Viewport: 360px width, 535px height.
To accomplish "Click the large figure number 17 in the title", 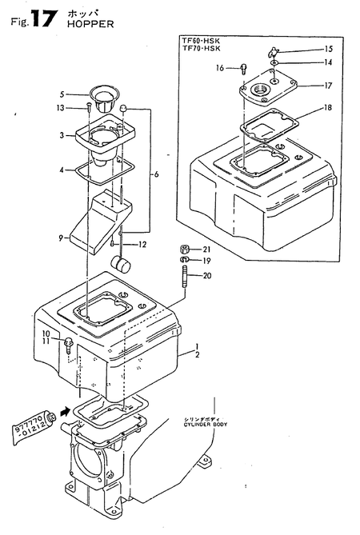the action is pos(42,18).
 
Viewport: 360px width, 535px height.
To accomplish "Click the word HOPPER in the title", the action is pos(90,24).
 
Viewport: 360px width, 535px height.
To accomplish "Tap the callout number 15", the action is pos(328,49).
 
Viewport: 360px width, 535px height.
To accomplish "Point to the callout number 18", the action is pos(327,108).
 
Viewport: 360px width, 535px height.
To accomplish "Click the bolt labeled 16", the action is pos(244,69).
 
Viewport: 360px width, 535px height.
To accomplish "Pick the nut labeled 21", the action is pos(185,250).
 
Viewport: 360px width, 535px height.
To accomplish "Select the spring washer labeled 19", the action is pos(184,261).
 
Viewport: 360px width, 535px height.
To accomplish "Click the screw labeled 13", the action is pos(88,107).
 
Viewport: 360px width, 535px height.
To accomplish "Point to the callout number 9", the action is pos(61,238).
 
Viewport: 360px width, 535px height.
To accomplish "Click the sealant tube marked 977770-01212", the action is pos(35,427).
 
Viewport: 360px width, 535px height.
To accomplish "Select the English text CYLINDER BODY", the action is pos(205,425).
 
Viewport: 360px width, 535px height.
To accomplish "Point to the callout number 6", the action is pos(156,174).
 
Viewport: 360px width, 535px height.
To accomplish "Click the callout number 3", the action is pos(62,135).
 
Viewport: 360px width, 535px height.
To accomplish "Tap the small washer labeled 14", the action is pos(274,63).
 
